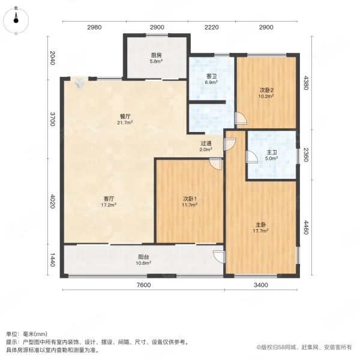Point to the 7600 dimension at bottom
(x=143, y=285)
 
